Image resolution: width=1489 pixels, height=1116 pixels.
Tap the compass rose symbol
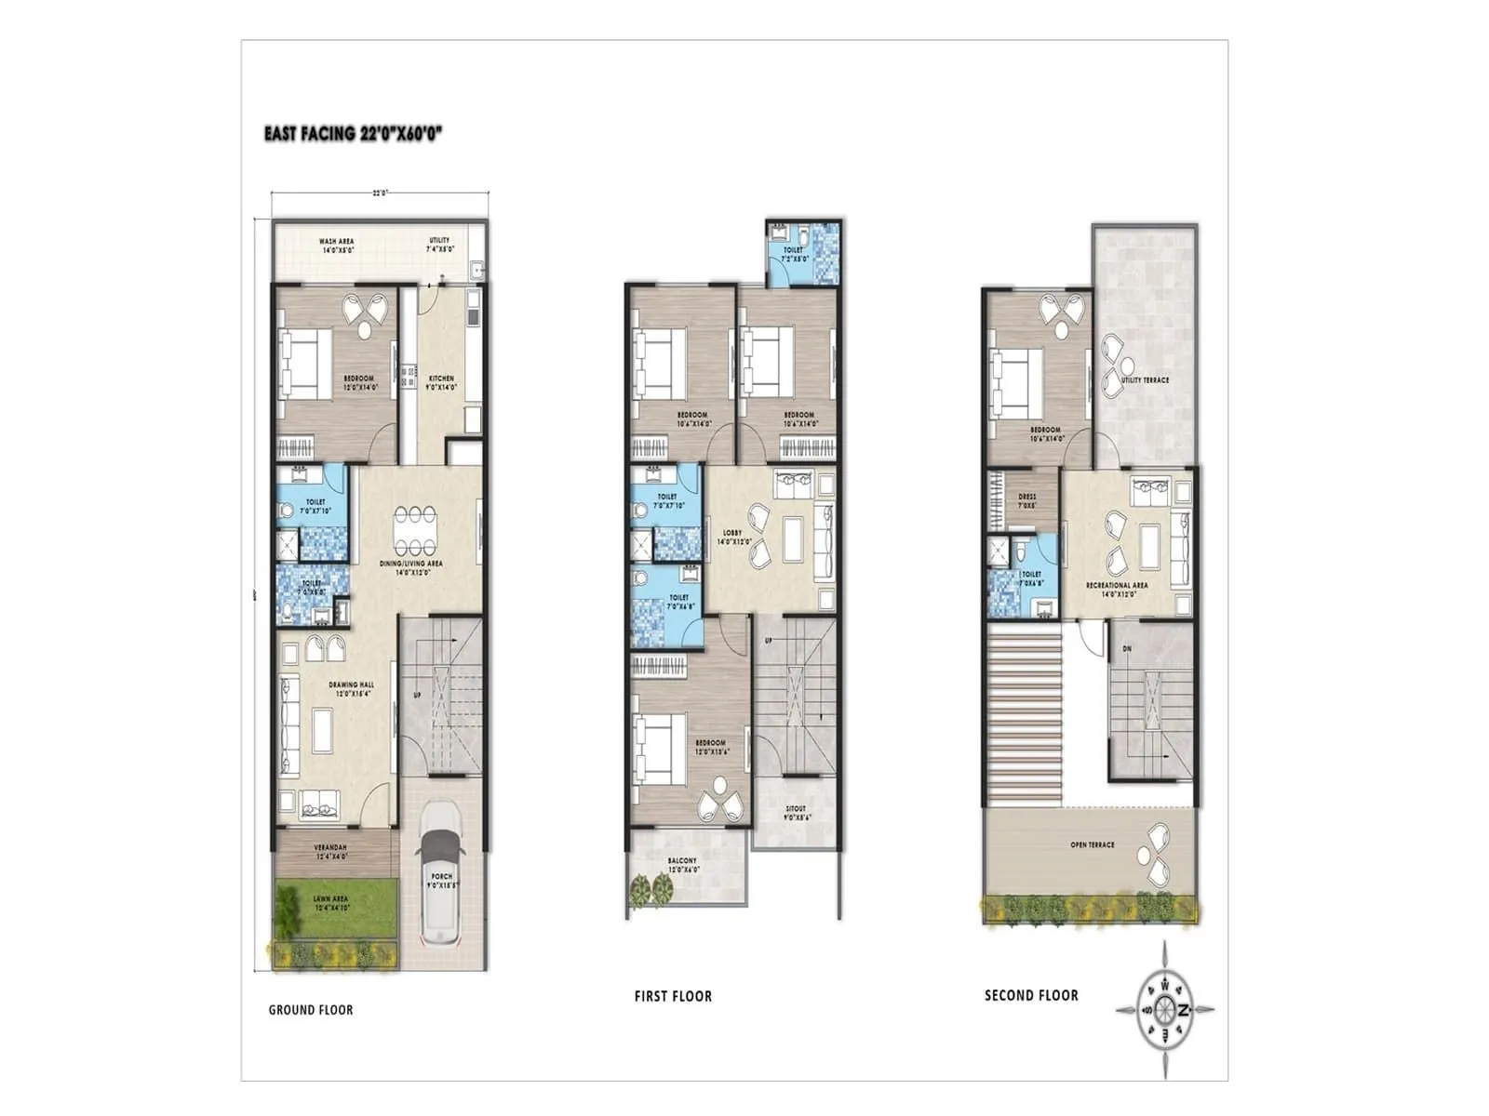pyautogui.click(x=1165, y=1009)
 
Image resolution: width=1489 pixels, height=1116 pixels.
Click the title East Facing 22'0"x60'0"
pyautogui.click(x=353, y=133)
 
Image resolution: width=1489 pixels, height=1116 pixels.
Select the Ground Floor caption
pyautogui.click(x=311, y=1010)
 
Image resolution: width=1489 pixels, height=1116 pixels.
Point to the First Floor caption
pyautogui.click(x=673, y=996)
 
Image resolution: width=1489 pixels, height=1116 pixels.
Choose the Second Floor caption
pyautogui.click(x=1031, y=995)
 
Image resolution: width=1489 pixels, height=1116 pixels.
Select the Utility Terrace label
pyautogui.click(x=1145, y=380)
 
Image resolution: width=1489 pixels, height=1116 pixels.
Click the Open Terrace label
pyautogui.click(x=1093, y=845)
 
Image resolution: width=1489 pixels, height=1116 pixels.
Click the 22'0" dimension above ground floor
pyautogui.click(x=380, y=193)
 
